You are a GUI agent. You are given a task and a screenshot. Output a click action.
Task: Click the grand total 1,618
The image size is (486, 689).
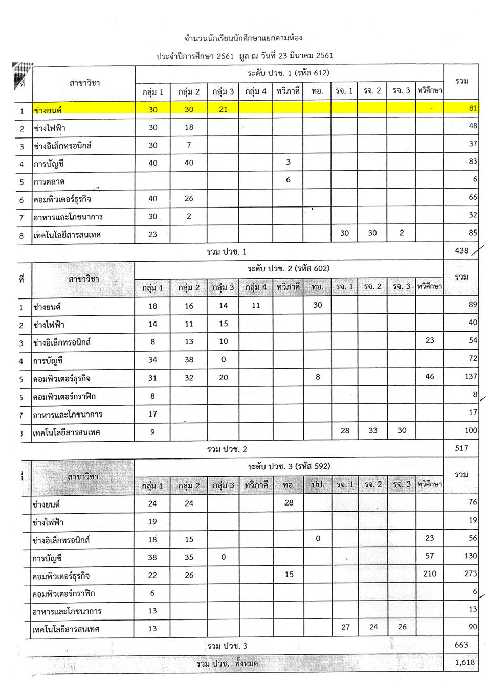click(464, 662)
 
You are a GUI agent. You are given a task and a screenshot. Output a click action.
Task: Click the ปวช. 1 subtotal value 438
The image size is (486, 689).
click(461, 250)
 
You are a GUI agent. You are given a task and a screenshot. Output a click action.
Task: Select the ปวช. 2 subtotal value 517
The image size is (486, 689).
click(461, 448)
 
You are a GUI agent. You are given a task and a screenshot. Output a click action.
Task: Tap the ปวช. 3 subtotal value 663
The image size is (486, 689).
click(461, 645)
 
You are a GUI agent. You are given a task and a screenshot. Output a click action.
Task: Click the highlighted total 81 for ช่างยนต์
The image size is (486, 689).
click(472, 108)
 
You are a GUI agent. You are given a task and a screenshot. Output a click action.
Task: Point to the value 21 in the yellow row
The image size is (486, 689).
click(223, 109)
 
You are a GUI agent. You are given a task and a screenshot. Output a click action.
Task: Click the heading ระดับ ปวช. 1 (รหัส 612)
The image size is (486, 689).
click(289, 73)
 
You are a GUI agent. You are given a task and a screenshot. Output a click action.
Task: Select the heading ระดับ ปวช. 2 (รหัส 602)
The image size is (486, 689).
click(289, 268)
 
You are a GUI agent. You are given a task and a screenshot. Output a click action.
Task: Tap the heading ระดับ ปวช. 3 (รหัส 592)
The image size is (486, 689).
click(289, 466)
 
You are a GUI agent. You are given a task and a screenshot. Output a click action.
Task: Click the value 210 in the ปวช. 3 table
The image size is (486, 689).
click(430, 573)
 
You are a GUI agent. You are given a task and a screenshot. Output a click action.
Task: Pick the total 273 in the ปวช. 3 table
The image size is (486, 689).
click(470, 573)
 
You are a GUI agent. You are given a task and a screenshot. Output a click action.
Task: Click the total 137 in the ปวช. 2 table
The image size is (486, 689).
click(470, 376)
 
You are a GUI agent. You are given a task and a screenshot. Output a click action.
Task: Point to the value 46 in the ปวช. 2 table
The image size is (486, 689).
click(430, 376)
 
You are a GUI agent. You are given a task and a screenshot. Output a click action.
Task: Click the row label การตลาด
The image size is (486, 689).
click(49, 181)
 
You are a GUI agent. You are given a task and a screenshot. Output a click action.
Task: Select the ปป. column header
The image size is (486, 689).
click(318, 484)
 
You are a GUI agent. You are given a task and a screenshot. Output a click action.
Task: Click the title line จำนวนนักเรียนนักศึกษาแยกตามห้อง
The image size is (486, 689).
click(244, 38)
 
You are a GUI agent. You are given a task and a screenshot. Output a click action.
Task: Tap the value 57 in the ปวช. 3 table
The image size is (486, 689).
click(430, 556)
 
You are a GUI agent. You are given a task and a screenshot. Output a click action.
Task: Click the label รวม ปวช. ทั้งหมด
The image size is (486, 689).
click(227, 663)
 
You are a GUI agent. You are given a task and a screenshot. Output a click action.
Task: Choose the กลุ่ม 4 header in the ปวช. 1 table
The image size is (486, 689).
click(256, 91)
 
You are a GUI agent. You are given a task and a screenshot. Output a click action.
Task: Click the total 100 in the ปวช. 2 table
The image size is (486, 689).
click(470, 430)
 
